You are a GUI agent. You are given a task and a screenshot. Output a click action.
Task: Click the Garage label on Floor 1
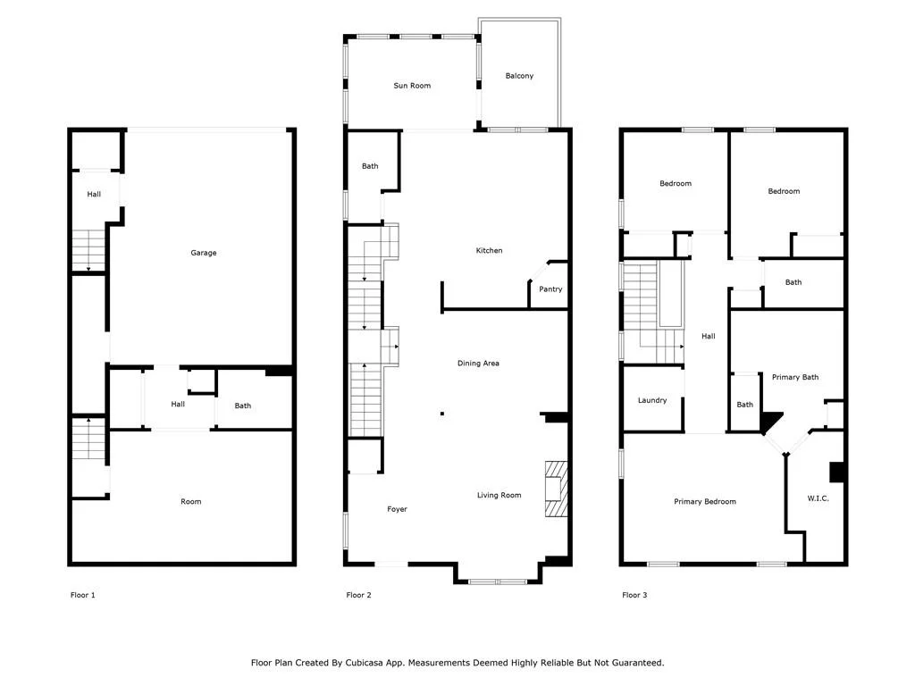tap(203, 253)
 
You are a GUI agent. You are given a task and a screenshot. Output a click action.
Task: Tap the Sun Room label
tap(412, 86)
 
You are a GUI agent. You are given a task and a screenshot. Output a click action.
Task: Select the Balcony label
tap(519, 76)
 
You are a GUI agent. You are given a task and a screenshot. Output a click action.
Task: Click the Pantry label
tap(550, 289)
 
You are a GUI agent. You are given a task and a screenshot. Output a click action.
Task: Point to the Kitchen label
tap(489, 250)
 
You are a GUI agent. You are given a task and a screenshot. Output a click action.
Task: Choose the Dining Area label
tap(478, 364)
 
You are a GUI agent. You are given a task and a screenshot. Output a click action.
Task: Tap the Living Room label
tap(499, 495)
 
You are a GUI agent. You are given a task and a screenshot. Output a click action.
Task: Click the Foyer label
tap(397, 509)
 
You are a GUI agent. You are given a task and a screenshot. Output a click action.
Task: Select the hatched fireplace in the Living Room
tap(556, 489)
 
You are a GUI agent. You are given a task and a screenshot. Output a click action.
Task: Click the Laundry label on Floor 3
tap(651, 400)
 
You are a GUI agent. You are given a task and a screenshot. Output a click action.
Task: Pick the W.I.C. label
tap(818, 498)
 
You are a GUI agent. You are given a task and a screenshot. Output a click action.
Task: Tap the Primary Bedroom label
tap(704, 502)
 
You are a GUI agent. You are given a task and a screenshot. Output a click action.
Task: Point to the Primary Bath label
tap(794, 378)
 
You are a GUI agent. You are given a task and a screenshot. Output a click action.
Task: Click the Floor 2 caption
tap(358, 595)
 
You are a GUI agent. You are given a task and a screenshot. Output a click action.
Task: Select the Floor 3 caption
tap(634, 595)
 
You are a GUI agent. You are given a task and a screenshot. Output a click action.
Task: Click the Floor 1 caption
tap(82, 595)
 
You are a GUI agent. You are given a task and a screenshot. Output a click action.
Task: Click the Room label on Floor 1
tap(191, 502)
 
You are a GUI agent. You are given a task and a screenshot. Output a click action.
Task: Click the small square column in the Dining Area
tap(442, 414)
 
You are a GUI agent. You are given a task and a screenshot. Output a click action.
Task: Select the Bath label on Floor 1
tap(243, 406)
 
